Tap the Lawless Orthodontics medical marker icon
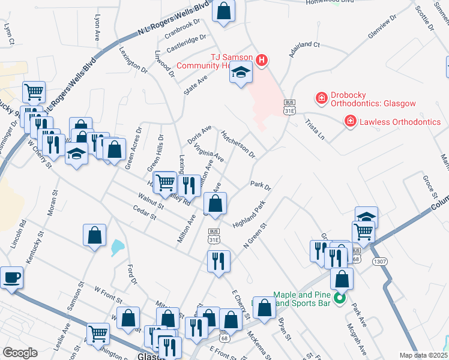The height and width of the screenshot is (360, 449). click(350, 122)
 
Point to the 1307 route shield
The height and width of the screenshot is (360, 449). click(379, 262)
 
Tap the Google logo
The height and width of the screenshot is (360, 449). click(20, 353)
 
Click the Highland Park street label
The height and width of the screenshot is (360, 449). click(249, 217)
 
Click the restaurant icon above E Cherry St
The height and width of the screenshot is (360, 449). click(217, 261)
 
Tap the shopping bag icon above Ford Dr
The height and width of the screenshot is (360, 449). click(95, 235)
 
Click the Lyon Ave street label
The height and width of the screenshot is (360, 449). click(97, 28)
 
